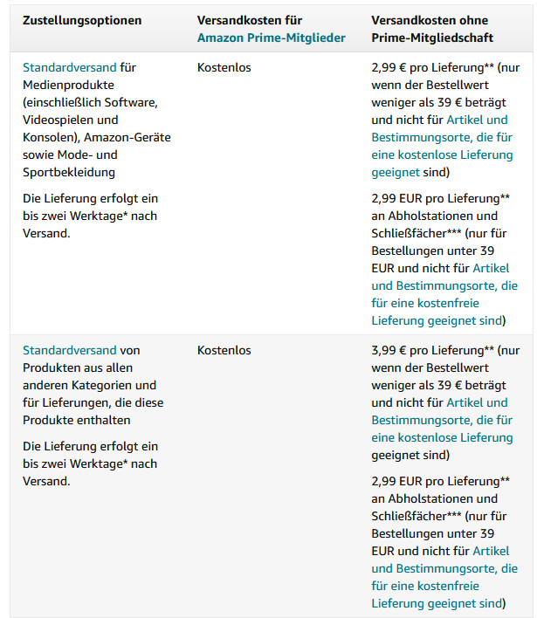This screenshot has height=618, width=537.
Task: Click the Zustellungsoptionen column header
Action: pos(82,20)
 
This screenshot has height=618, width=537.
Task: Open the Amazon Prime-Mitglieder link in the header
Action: pos(271,38)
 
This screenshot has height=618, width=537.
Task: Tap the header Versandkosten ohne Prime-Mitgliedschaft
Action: pos(431,29)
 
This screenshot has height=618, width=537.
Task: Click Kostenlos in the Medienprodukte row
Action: pos(224,67)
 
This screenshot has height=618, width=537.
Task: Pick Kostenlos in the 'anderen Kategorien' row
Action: pos(224,350)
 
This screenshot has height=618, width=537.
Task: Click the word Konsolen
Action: pos(49,137)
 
